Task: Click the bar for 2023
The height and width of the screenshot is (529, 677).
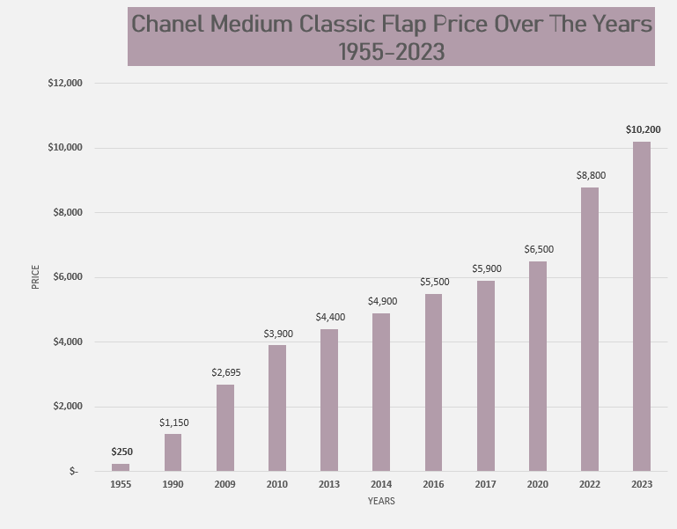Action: [x=642, y=306]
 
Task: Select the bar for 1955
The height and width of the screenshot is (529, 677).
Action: [x=121, y=467]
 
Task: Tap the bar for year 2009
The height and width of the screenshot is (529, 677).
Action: [x=225, y=428]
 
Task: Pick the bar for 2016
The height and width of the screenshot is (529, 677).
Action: [x=433, y=383]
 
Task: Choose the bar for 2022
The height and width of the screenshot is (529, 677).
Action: [x=590, y=329]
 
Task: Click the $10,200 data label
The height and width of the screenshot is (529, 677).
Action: [x=643, y=129]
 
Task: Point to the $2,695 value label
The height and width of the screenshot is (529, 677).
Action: [x=225, y=372]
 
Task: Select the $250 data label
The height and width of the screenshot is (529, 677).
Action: [x=121, y=452]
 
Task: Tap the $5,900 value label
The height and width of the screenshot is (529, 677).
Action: [x=486, y=268]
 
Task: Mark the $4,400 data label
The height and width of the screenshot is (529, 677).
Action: [x=330, y=317]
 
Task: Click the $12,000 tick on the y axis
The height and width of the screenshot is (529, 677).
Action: [x=65, y=83]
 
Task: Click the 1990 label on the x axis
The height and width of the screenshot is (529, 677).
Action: [x=173, y=484]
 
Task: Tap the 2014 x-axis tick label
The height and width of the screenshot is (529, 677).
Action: [x=381, y=484]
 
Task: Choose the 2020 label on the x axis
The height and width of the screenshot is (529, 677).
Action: [x=538, y=484]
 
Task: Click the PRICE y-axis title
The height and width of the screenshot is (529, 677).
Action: [x=35, y=277]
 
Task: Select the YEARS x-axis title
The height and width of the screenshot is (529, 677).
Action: [x=381, y=502]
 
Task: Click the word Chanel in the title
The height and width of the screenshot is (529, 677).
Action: [x=172, y=24]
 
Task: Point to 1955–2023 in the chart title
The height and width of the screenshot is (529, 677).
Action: [x=391, y=52]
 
